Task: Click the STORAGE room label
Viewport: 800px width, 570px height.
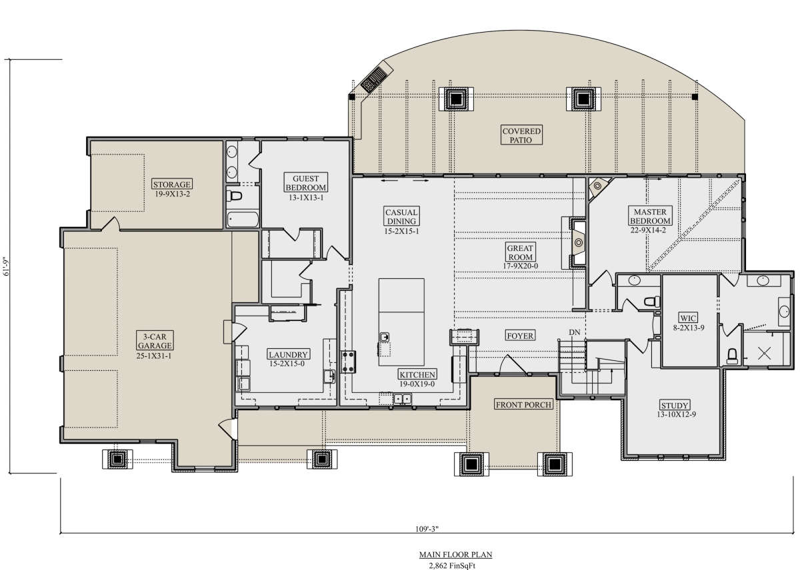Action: (172, 184)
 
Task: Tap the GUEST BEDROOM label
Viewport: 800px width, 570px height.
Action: (306, 182)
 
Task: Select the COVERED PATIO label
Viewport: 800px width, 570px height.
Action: (521, 135)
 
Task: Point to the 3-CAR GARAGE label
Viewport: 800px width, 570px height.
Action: (155, 341)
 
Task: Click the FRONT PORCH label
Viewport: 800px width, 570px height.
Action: (523, 404)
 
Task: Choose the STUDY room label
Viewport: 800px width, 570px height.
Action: (674, 406)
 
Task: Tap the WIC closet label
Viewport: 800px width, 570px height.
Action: (687, 318)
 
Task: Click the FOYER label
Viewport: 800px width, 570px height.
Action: (520, 336)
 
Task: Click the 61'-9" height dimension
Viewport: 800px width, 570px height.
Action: (6, 266)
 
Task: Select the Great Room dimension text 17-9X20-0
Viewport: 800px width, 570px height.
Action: (521, 266)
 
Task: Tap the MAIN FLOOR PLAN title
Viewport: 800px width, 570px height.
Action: (455, 555)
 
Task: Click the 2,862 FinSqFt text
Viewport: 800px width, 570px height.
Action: (452, 565)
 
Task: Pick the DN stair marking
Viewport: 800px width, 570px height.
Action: (574, 332)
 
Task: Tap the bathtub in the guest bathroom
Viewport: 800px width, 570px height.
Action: (243, 219)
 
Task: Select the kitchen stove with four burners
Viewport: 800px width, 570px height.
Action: (348, 362)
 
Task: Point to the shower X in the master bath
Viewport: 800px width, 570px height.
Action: (764, 353)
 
